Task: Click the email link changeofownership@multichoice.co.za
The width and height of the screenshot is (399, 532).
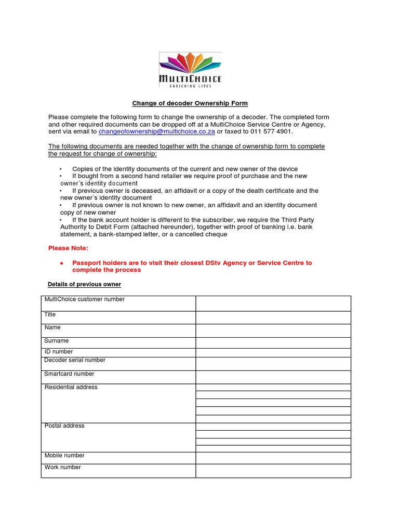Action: click(x=156, y=132)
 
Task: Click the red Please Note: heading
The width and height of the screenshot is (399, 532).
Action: click(x=68, y=248)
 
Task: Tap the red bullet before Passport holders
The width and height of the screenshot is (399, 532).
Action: click(x=61, y=263)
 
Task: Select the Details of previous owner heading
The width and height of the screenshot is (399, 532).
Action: click(x=84, y=284)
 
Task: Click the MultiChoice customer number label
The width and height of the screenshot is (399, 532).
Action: click(x=84, y=299)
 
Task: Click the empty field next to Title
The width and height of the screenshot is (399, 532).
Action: click(x=273, y=317)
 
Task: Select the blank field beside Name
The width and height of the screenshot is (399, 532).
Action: click(x=273, y=330)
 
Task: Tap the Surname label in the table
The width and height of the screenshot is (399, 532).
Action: click(x=56, y=341)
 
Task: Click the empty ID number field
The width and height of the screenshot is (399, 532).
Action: click(x=273, y=352)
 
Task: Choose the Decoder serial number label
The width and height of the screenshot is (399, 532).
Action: click(x=75, y=360)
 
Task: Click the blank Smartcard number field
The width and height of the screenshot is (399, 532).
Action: click(x=273, y=377)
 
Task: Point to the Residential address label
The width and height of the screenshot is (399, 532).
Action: click(x=71, y=387)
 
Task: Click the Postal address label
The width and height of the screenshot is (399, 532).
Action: click(x=64, y=426)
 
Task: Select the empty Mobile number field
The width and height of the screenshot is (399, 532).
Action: click(x=273, y=458)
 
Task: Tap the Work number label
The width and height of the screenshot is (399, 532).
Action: click(x=62, y=467)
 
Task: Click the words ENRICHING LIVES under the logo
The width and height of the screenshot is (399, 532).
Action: click(x=190, y=86)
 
